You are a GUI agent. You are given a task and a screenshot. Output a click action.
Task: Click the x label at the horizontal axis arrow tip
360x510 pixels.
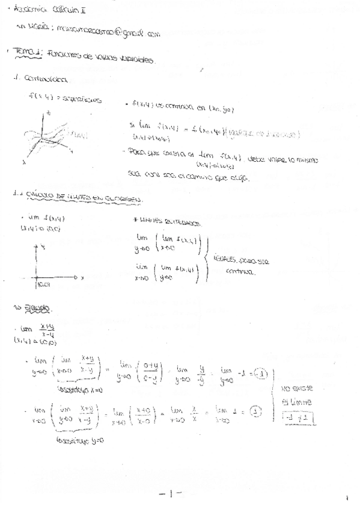[x=82, y=277]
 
